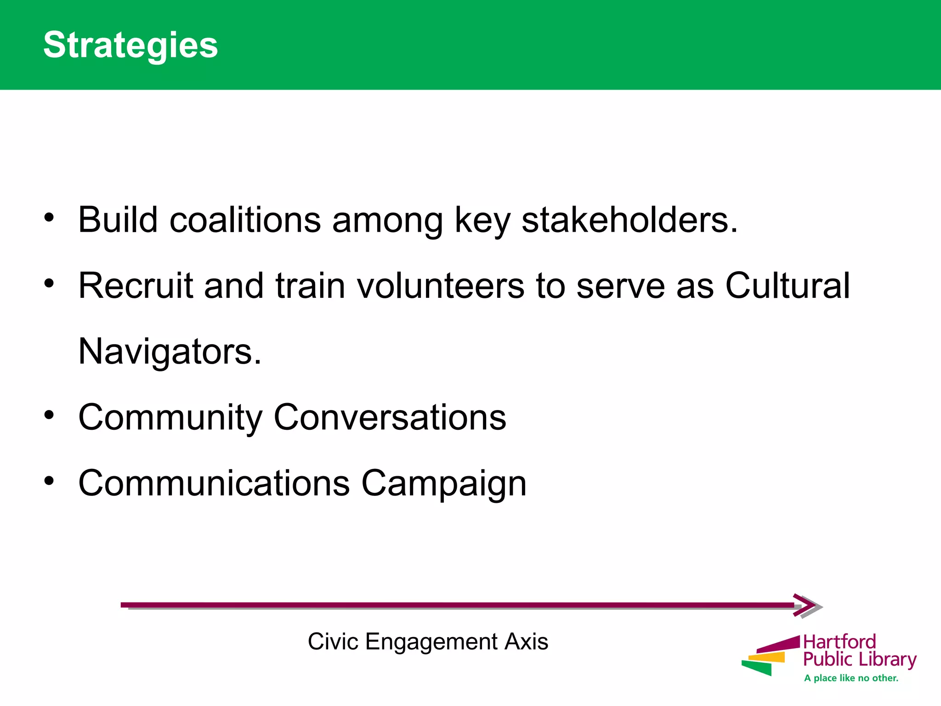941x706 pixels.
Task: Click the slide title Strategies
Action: (130, 45)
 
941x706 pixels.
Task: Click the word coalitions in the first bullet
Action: (245, 220)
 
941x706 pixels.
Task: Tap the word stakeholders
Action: (629, 220)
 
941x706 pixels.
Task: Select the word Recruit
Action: (136, 285)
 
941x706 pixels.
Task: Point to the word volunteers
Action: (441, 285)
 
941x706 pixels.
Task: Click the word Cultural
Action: (788, 285)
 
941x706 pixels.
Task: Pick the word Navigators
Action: (170, 351)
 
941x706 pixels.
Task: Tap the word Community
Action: (170, 417)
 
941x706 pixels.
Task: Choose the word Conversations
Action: (390, 417)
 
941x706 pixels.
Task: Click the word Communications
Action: (214, 483)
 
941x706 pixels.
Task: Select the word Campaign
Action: (444, 483)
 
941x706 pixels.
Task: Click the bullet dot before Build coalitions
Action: (49, 217)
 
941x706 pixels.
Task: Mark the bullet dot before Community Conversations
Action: (49, 415)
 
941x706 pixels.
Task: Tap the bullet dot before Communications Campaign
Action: (49, 481)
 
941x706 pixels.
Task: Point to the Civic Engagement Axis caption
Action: (428, 642)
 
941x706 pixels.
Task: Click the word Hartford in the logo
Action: (839, 642)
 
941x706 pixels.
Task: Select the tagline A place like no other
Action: (851, 678)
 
